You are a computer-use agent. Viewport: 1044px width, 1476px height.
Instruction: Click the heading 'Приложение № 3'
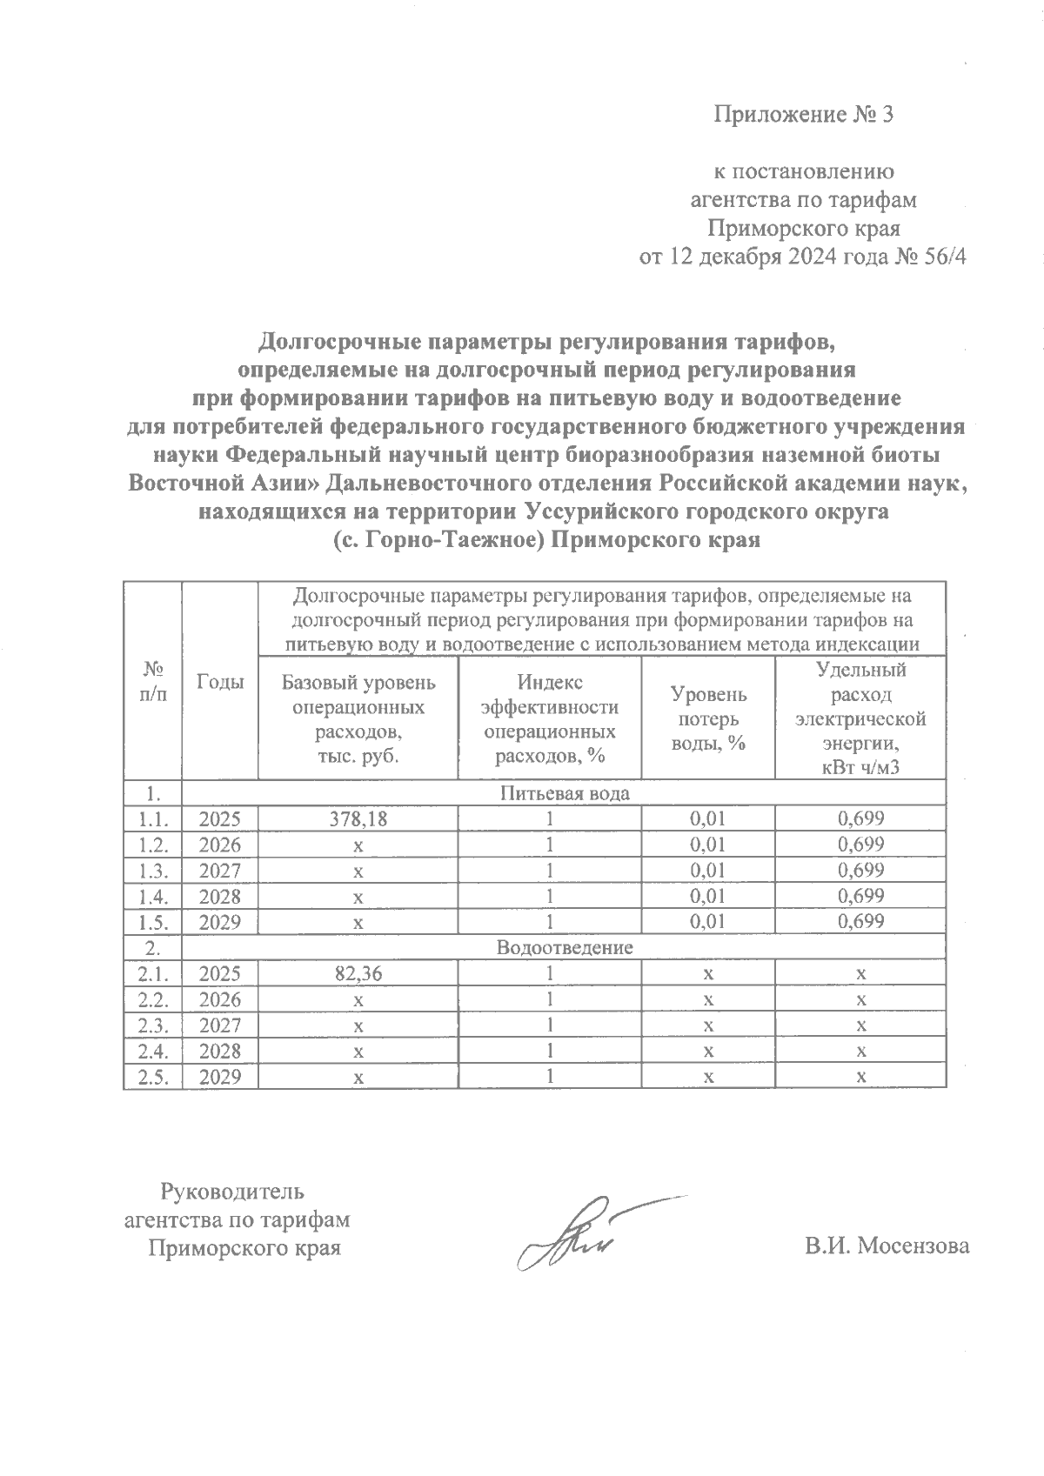tap(803, 115)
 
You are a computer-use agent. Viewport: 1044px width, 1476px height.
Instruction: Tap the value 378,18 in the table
tap(358, 818)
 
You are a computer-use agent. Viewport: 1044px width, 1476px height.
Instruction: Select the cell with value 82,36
tap(358, 974)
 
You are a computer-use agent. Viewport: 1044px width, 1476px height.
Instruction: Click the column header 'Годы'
tap(220, 682)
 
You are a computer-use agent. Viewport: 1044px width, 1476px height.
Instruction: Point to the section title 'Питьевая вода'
tap(564, 793)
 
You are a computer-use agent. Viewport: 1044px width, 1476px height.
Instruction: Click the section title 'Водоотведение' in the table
tap(564, 948)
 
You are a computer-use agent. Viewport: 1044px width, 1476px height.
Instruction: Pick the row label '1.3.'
tap(152, 871)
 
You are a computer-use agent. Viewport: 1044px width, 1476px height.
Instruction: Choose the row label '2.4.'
tap(152, 1052)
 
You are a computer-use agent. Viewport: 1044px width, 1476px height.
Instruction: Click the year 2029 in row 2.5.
tap(220, 1078)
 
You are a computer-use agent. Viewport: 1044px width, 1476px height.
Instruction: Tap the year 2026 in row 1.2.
tap(220, 845)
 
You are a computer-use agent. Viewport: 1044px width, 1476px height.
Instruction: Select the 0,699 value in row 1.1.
tap(860, 818)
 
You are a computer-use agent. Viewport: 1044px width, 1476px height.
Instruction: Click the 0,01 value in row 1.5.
tap(707, 922)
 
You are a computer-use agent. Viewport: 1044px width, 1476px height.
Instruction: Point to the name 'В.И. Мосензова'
tap(887, 1246)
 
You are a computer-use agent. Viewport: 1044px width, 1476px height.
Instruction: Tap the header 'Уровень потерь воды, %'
tap(707, 719)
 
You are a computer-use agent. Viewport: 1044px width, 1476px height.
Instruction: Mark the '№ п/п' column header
tap(152, 682)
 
